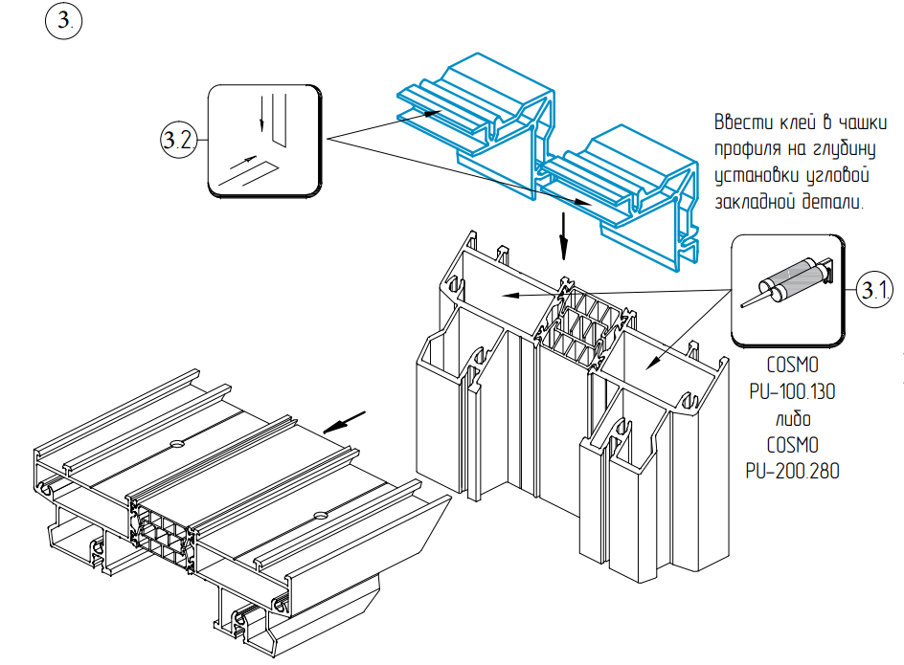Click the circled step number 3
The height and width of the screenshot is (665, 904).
63,21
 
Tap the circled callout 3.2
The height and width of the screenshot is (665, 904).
178,140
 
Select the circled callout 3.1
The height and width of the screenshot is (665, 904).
874,289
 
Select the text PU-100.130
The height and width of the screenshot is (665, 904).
792,392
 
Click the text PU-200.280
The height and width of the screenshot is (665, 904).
792,471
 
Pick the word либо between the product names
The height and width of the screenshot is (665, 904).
793,419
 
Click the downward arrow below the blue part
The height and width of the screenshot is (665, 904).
564,236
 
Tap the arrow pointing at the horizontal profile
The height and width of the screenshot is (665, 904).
344,422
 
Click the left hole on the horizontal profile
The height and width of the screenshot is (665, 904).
176,443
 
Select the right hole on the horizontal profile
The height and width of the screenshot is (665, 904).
320,514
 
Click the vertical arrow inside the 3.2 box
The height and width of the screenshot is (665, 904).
261,114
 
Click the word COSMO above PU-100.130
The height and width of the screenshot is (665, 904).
792,365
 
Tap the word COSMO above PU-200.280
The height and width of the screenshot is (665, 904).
792,445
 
